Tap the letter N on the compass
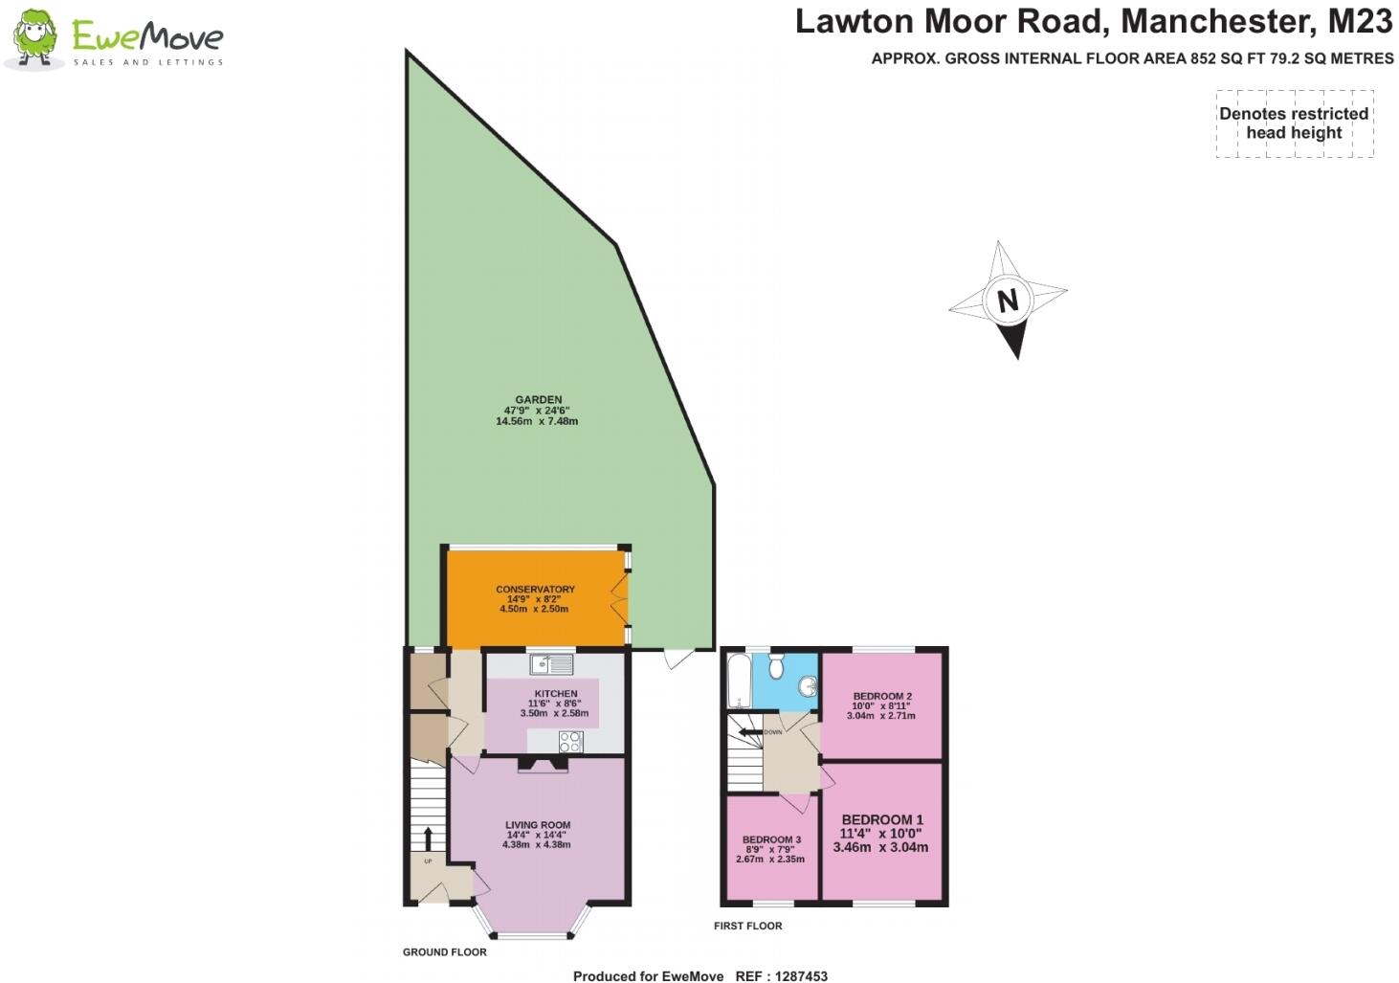[1007, 301]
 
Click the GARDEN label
[538, 400]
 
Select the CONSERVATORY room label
[535, 590]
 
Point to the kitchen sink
[550, 662]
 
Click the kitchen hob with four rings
[570, 741]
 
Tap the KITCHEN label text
[556, 694]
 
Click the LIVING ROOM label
[538, 825]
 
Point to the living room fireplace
[543, 765]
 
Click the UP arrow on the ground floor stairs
[428, 839]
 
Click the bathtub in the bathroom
[737, 681]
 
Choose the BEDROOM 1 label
[881, 820]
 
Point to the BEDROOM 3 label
[771, 839]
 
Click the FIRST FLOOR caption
[747, 926]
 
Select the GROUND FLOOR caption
[444, 952]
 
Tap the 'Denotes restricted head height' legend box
[1294, 123]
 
